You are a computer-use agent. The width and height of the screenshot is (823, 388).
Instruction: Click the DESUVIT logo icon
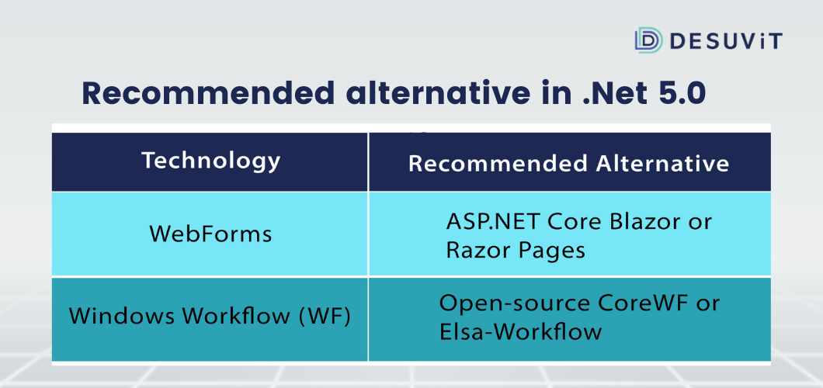click(x=648, y=40)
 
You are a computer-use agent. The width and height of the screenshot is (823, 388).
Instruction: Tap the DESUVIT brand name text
click(x=726, y=41)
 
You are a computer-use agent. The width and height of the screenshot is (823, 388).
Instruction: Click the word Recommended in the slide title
click(x=208, y=93)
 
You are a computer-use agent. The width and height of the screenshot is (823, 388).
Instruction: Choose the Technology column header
click(x=211, y=161)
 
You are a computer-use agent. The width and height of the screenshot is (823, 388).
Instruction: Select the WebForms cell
click(x=210, y=234)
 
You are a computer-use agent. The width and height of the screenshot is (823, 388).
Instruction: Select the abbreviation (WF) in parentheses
click(x=325, y=317)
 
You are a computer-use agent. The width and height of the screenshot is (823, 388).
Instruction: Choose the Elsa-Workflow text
click(x=521, y=332)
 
